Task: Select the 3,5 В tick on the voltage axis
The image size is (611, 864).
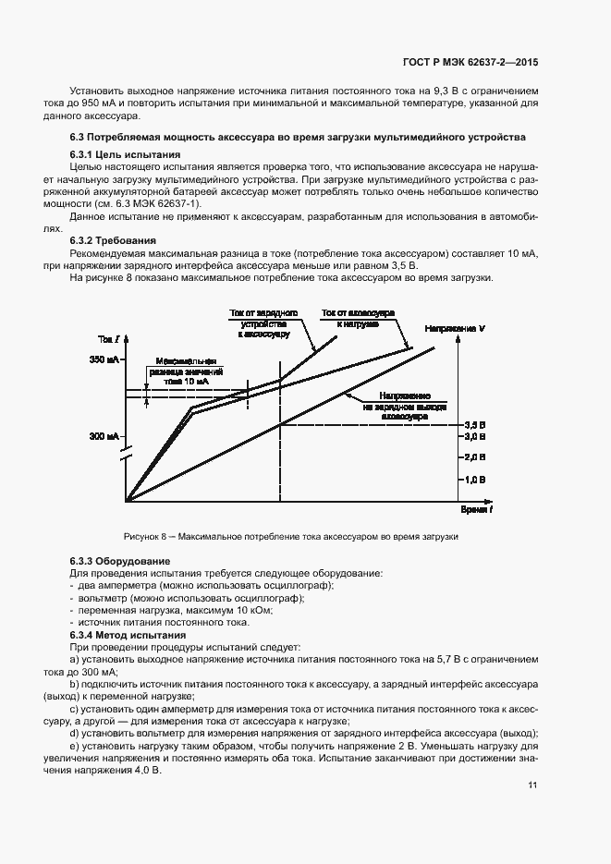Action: pyautogui.click(x=474, y=424)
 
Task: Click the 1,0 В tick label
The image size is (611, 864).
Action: pyautogui.click(x=474, y=480)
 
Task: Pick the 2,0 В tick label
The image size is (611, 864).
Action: pyautogui.click(x=474, y=457)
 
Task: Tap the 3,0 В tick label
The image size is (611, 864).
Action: pyautogui.click(x=474, y=436)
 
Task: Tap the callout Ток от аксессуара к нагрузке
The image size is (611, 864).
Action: pyautogui.click(x=358, y=319)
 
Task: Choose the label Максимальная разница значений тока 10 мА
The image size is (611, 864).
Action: pyautogui.click(x=186, y=371)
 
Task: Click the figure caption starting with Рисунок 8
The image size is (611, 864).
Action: pyautogui.click(x=291, y=537)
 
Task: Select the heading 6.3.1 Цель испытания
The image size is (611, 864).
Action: pyautogui.click(x=125, y=153)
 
